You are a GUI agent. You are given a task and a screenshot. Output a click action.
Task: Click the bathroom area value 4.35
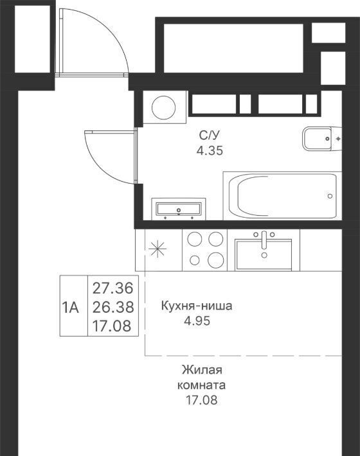210,151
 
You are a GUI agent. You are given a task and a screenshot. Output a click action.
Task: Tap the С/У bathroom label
210,136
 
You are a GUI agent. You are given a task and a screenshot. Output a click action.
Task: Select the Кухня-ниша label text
197,306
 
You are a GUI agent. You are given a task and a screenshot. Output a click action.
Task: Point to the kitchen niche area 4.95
197,321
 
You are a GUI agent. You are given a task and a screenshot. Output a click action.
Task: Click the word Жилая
202,370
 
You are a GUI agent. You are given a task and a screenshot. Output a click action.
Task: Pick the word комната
201,385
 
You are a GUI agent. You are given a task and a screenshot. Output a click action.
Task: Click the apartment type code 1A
71,308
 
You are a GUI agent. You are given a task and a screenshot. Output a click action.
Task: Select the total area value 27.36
113,288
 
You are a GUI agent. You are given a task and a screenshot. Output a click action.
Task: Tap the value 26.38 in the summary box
113,307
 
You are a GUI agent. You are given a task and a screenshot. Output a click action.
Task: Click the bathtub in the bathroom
282,196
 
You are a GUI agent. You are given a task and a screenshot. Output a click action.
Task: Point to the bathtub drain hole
330,196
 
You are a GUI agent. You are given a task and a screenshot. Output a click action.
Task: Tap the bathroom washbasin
179,209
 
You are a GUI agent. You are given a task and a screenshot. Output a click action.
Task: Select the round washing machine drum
163,108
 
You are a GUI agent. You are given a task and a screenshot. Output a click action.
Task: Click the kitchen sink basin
264,254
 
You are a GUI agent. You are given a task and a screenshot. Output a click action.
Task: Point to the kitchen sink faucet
264,240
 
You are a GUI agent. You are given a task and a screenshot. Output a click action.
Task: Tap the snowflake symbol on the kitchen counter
157,249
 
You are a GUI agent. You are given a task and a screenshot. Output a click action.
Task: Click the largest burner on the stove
216,260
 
